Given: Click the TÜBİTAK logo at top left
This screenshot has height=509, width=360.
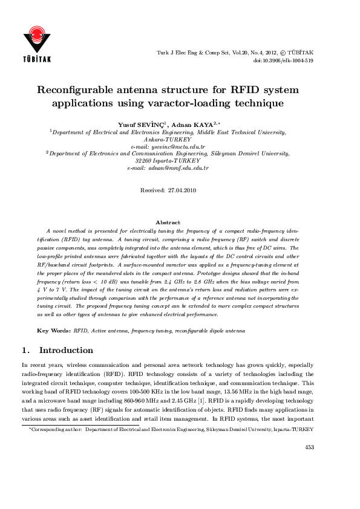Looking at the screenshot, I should pos(37,44).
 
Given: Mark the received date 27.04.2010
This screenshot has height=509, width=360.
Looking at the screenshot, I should pos(182,190).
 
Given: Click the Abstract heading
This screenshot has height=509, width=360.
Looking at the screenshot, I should pos(168,222).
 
